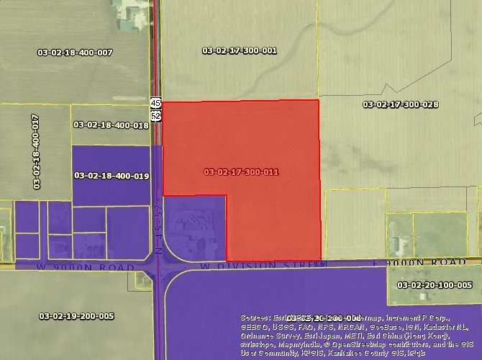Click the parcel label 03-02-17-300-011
click(x=241, y=172)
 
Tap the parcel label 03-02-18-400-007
click(x=75, y=53)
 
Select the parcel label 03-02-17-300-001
click(x=240, y=50)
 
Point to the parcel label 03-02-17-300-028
click(x=401, y=104)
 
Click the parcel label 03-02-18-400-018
click(x=111, y=125)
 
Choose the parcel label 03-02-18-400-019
click(x=111, y=176)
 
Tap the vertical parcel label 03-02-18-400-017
click(x=35, y=152)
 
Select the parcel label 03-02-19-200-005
click(x=76, y=315)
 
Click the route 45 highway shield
click(x=155, y=103)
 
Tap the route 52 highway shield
click(x=155, y=114)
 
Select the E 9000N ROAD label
click(x=430, y=263)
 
